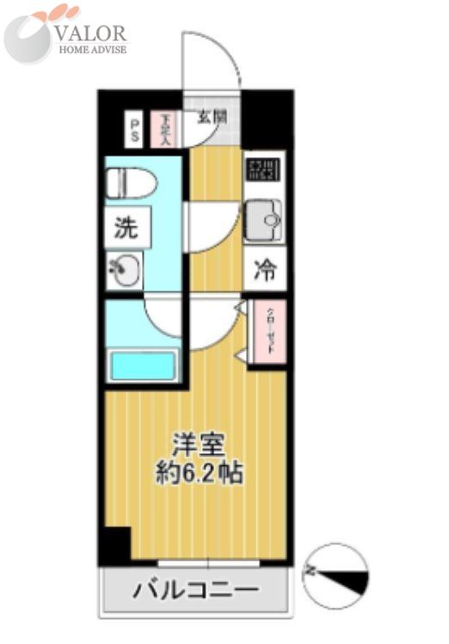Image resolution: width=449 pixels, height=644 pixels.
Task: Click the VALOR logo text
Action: point(91,34)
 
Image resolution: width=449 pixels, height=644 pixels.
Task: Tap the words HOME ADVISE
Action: point(92,50)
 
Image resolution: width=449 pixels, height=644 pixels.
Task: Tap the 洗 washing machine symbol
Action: point(126,230)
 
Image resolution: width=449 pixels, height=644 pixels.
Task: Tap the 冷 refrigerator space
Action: point(263,272)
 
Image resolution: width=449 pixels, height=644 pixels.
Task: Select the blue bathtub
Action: point(143,365)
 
